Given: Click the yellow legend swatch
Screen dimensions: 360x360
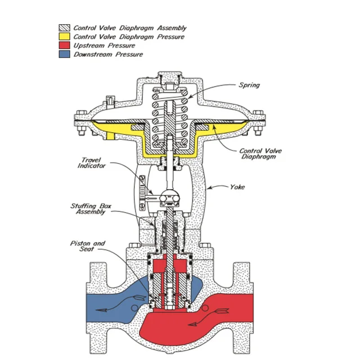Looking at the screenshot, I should click(x=65, y=37).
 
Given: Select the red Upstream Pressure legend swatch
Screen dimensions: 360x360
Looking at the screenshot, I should click(x=65, y=46).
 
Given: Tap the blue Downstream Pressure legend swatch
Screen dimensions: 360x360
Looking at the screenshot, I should click(x=65, y=55).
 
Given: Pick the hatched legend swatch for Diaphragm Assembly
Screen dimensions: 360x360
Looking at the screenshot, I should click(x=65, y=28).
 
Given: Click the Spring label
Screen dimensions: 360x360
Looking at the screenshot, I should click(x=249, y=85).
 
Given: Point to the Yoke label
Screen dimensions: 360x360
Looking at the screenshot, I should click(x=237, y=187).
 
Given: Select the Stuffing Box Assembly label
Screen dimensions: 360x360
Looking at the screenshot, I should click(x=91, y=210).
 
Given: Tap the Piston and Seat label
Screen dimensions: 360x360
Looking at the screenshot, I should click(x=88, y=246).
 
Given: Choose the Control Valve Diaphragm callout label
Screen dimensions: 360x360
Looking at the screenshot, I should click(x=260, y=154).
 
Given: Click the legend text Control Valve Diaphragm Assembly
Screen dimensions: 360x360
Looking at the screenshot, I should click(x=130, y=28).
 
